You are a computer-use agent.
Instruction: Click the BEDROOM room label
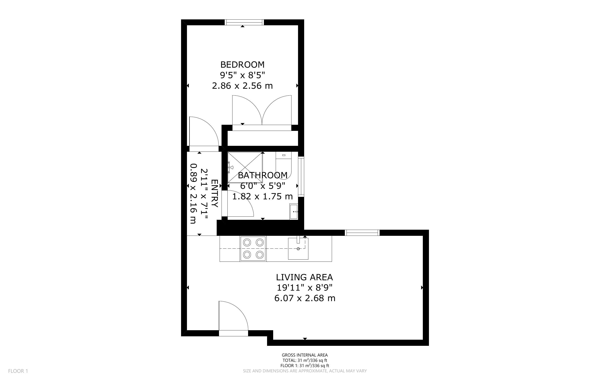coord(242,65)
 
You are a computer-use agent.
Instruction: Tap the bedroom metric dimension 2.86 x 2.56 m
coord(242,86)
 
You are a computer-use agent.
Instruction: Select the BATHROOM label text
coord(263,175)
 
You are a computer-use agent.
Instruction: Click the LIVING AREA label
coord(305,277)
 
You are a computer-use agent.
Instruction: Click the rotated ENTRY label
coord(214,193)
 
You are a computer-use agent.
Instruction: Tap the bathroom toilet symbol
coord(284,165)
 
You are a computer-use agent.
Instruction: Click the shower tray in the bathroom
coord(245,167)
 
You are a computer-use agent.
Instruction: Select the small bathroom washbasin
coord(294,211)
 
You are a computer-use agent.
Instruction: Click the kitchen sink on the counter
coord(298,248)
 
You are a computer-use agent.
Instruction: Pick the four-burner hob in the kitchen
coord(253,248)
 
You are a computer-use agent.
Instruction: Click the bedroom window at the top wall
coord(244,22)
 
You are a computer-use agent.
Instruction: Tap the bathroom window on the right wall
coord(301,177)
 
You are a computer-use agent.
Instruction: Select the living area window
coord(362,233)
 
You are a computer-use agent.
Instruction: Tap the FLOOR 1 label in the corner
coord(18,371)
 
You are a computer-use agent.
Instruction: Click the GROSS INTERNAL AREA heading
coord(305,355)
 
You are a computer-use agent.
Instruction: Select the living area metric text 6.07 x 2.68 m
coord(305,298)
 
